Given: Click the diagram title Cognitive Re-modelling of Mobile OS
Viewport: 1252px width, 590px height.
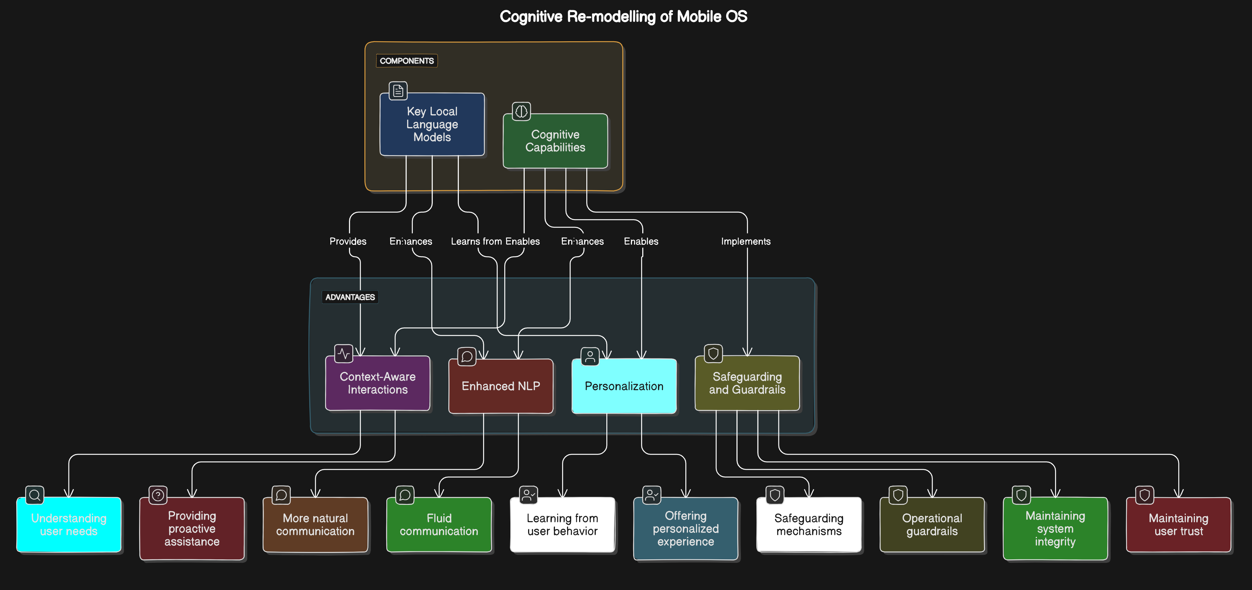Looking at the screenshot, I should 623,17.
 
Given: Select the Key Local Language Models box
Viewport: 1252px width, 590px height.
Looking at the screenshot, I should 432,125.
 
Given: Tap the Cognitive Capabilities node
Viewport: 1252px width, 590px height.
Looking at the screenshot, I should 555,141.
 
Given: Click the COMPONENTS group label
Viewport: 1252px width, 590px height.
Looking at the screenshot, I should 407,61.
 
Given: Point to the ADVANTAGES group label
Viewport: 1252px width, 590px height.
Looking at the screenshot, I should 350,297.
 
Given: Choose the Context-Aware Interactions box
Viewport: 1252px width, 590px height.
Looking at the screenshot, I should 378,383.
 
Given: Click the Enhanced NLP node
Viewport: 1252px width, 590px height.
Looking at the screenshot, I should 500,386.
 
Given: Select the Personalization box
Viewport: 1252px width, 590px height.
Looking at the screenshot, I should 624,386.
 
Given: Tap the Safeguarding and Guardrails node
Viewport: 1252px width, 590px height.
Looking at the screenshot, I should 747,383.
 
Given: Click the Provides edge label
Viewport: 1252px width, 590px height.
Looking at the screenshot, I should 348,241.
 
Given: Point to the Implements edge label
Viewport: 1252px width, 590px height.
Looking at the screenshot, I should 745,241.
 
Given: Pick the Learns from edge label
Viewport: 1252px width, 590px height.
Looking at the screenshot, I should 476,241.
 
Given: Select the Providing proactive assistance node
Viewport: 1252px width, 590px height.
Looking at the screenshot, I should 192,529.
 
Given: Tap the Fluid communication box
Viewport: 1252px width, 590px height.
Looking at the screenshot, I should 439,525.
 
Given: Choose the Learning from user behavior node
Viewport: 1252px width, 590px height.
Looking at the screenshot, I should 562,525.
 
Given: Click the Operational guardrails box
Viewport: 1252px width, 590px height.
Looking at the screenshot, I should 932,525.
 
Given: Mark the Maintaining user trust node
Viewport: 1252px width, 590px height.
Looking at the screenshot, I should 1179,525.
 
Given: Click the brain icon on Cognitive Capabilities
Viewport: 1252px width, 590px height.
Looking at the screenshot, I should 521,111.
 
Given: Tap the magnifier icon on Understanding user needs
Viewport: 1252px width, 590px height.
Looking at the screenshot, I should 34,495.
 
